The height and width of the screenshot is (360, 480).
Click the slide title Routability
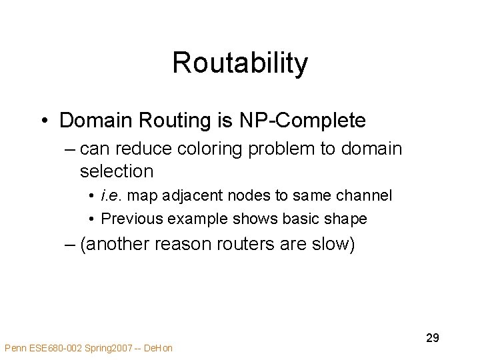point(240,63)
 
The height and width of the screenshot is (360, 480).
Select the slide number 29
point(432,338)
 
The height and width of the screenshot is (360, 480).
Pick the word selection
point(116,171)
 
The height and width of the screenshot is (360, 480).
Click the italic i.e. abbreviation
point(111,196)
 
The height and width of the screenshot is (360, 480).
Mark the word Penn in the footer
point(14,348)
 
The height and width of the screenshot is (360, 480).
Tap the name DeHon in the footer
point(159,348)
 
